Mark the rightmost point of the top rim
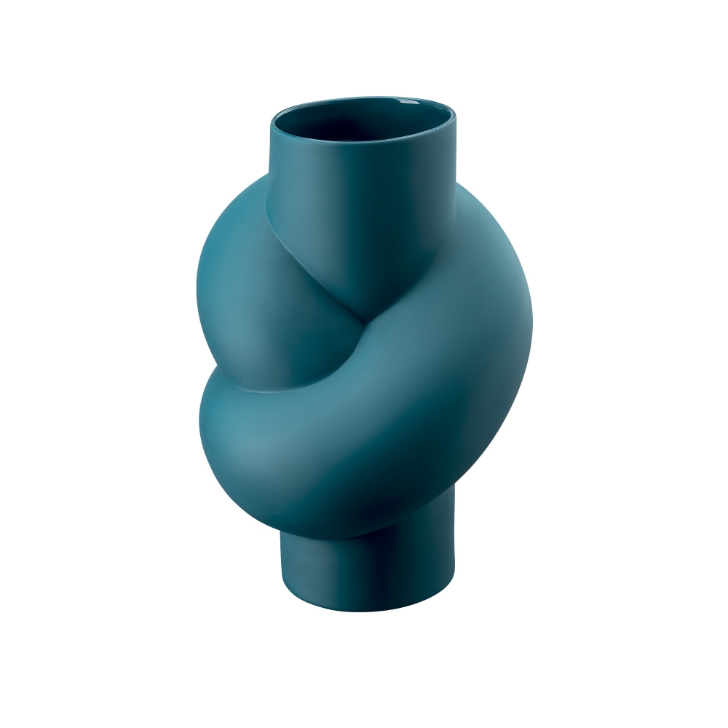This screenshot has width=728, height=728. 456,116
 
